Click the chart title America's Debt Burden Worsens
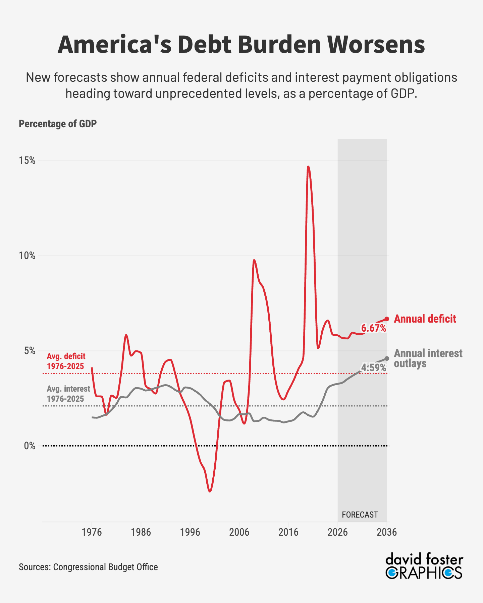(241, 45)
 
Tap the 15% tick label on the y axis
(27, 160)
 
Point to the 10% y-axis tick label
(27, 256)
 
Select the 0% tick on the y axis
(30, 446)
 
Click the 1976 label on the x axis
(92, 532)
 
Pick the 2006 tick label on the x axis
(239, 532)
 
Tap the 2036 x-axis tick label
(387, 532)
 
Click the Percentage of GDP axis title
(58, 124)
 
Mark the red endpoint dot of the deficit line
(387, 319)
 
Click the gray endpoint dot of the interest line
(387, 358)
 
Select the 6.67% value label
(373, 328)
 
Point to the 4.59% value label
(373, 368)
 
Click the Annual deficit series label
(425, 319)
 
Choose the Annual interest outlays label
(428, 358)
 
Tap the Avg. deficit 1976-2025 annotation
(66, 361)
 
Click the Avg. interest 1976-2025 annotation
(68, 394)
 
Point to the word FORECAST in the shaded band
(360, 515)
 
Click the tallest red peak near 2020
(308, 167)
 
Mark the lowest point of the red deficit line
(210, 491)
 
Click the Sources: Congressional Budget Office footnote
(88, 567)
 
